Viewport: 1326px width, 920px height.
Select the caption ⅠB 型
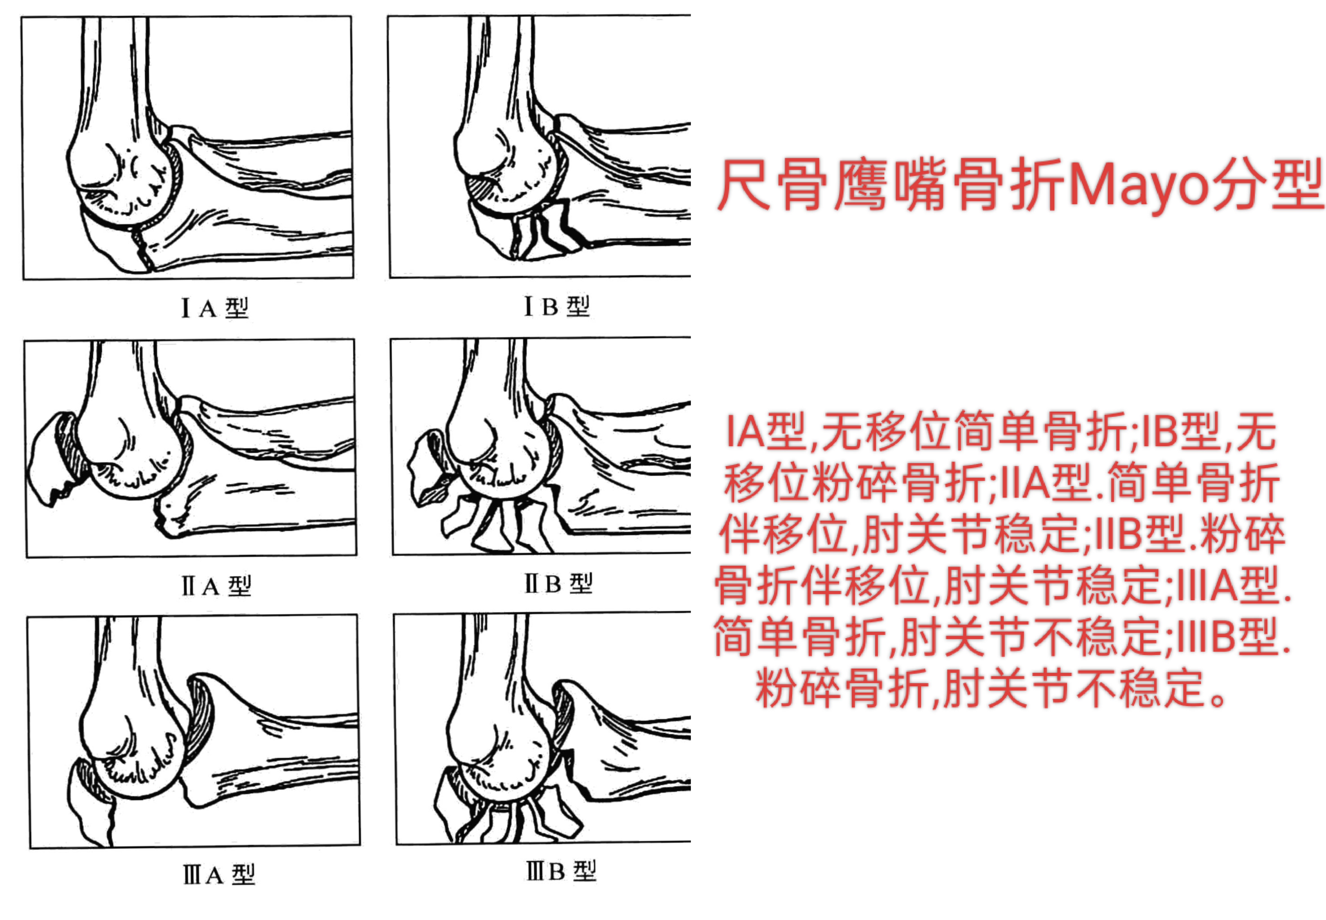tap(556, 306)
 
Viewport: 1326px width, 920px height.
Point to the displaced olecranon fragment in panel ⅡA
tap(55, 458)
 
